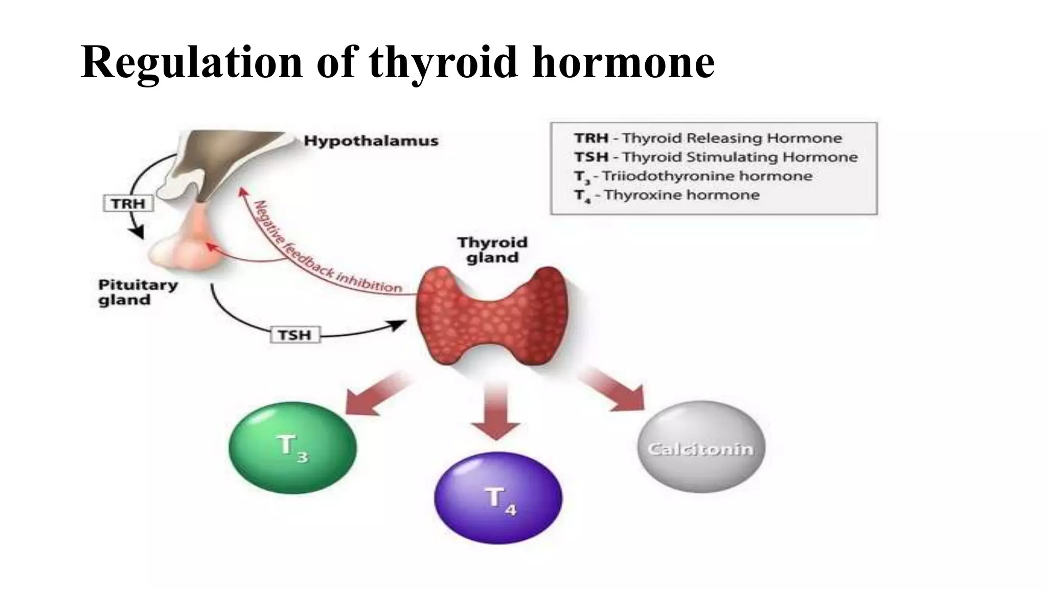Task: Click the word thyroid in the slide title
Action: [x=443, y=62]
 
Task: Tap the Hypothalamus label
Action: [x=371, y=141]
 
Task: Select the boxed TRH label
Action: [x=128, y=203]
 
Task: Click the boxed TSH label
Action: [x=294, y=335]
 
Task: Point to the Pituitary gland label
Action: [x=138, y=292]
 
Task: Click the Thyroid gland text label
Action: [x=492, y=250]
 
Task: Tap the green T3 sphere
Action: [x=292, y=447]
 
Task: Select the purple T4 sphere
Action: [x=498, y=497]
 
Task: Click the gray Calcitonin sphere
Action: [x=701, y=447]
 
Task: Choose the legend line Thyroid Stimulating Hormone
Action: [x=715, y=157]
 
